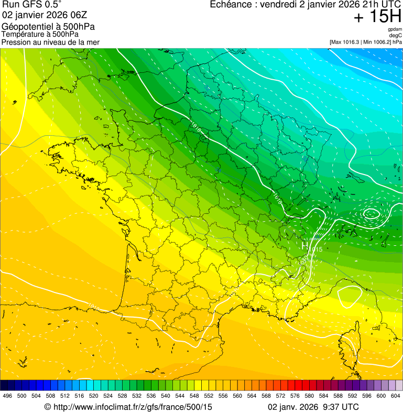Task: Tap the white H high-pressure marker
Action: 305,245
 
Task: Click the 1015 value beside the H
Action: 315,249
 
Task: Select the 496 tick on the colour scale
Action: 7,396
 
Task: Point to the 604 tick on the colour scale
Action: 396,396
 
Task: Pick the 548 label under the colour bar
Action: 194,396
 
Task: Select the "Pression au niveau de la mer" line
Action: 50,42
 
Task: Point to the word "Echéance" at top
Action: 231,5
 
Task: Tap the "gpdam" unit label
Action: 395,29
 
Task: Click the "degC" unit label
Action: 396,35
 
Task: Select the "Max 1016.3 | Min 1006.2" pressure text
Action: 362,41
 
